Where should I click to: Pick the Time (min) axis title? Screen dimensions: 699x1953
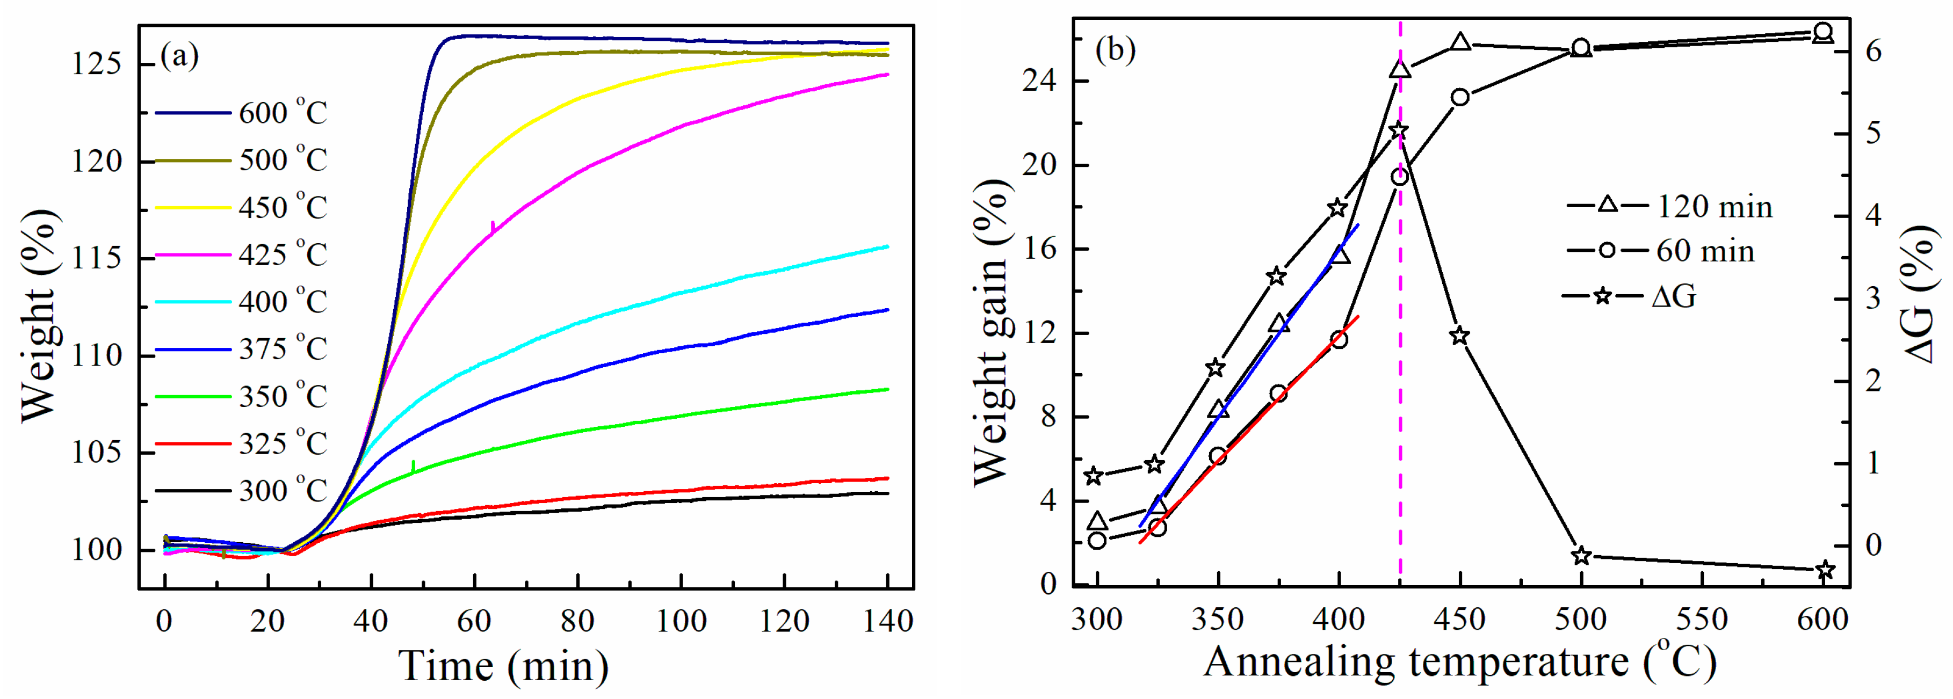click(x=503, y=666)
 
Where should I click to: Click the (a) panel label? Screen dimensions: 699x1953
click(x=180, y=55)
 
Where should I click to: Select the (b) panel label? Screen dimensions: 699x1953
click(x=1115, y=49)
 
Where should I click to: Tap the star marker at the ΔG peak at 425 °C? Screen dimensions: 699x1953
click(x=1399, y=131)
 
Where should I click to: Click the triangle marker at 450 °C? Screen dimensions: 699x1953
click(x=1460, y=42)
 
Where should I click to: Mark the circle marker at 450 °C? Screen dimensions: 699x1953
click(x=1460, y=97)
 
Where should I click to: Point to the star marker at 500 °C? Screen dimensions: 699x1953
click(x=1581, y=556)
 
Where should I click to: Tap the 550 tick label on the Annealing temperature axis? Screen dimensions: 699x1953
click(x=1702, y=620)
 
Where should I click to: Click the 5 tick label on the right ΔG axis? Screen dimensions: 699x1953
click(x=1872, y=134)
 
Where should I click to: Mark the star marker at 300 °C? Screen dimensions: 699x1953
click(x=1093, y=476)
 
